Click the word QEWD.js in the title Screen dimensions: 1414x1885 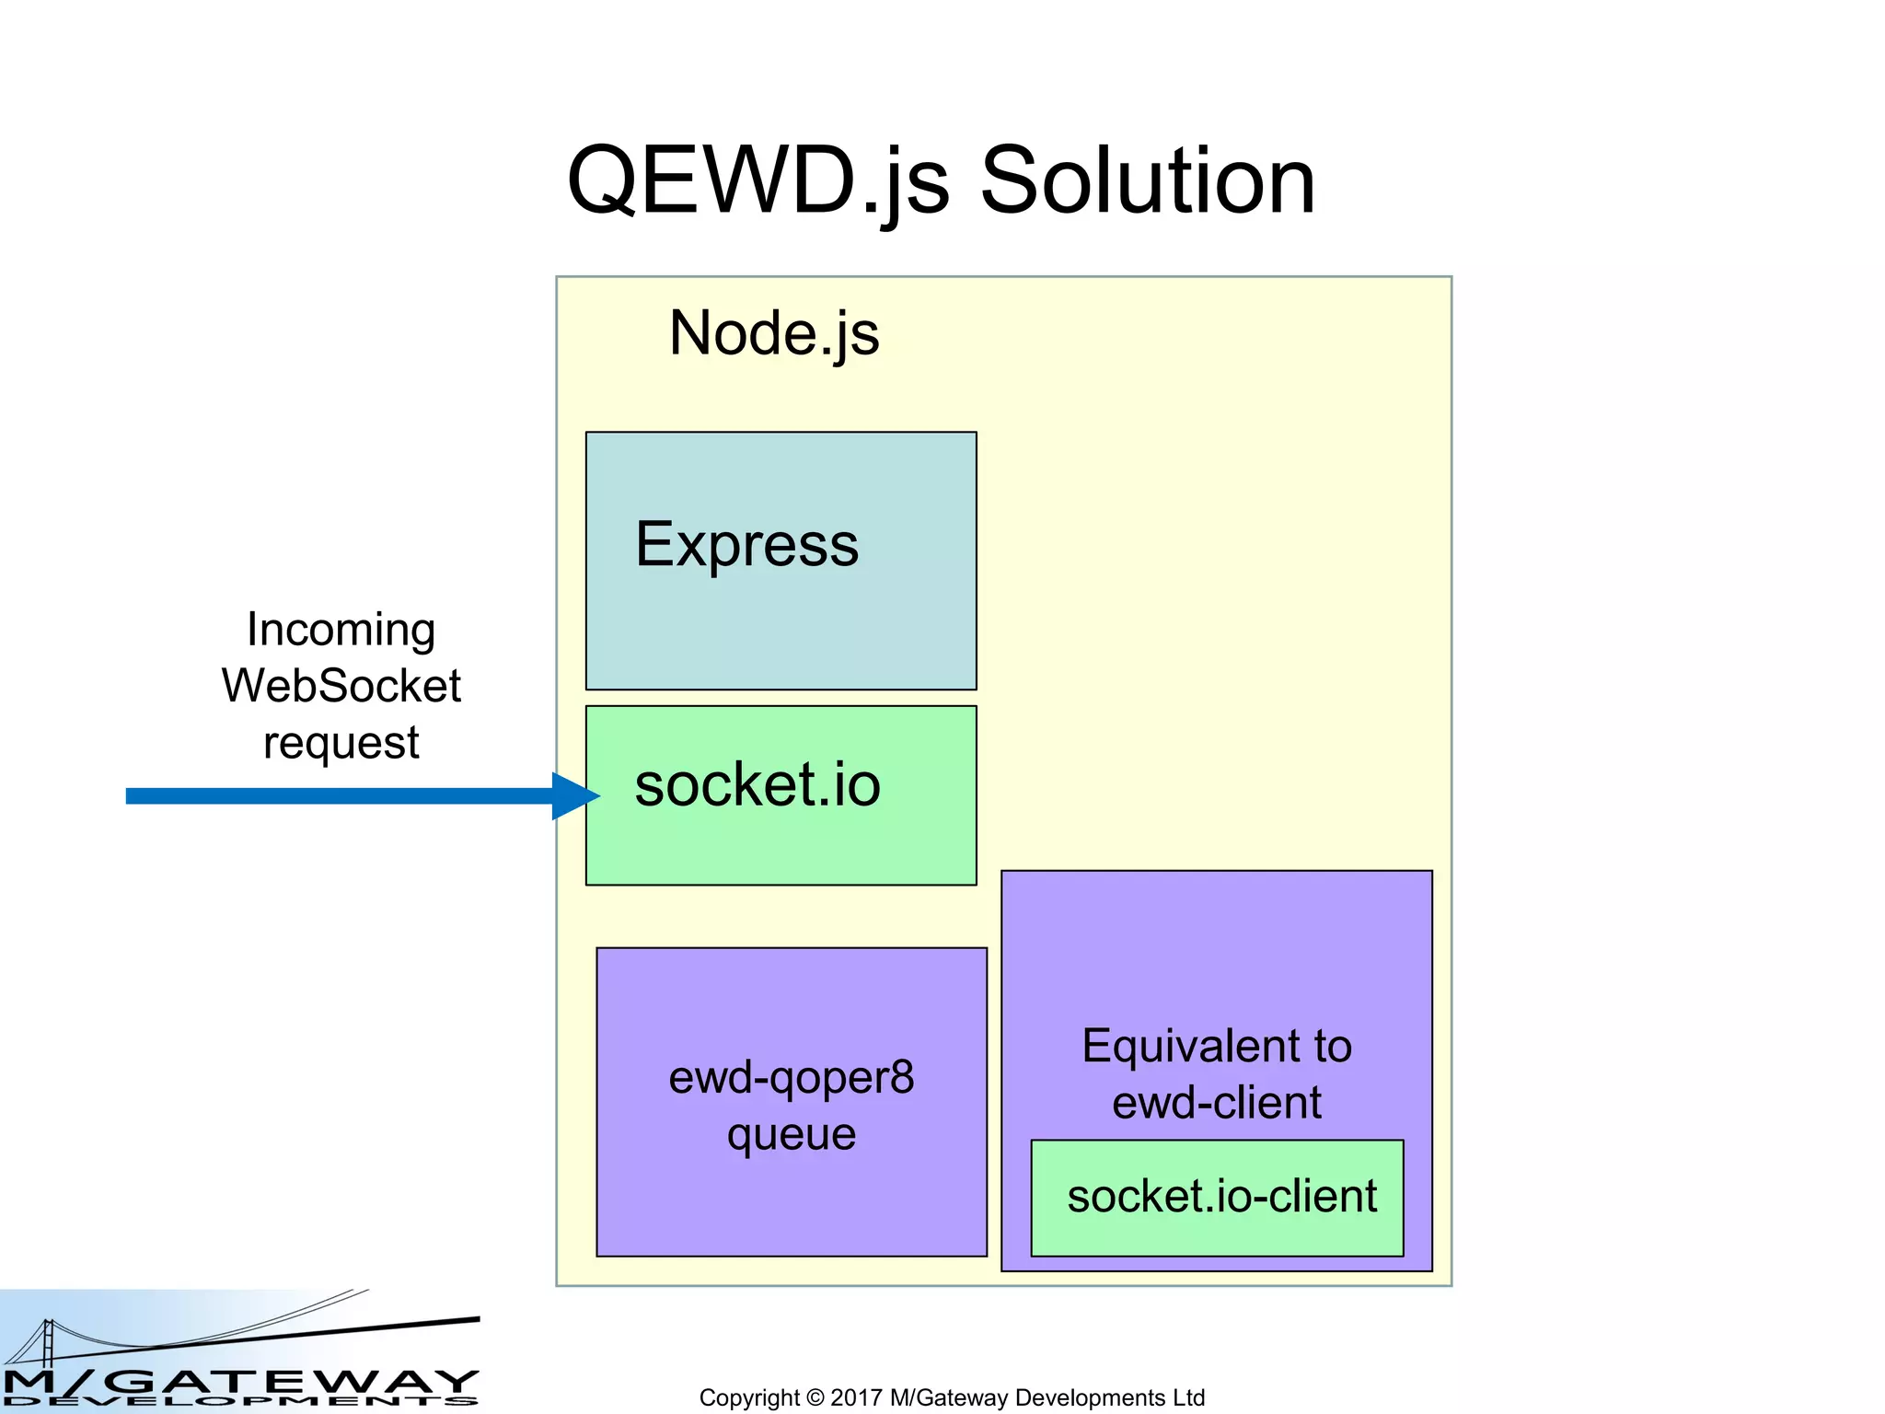pyautogui.click(x=757, y=181)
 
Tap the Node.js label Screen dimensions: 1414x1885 pyautogui.click(x=774, y=332)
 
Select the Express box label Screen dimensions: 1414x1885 pyautogui.click(x=746, y=544)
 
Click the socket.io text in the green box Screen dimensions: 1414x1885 pyautogui.click(x=757, y=785)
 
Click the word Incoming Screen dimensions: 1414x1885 pyautogui.click(x=341, y=632)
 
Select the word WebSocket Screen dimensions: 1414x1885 pyautogui.click(x=341, y=686)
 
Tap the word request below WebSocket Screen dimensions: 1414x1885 pyautogui.click(x=341, y=743)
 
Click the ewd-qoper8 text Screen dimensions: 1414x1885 pyautogui.click(x=792, y=1077)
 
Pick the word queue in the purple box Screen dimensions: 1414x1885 pyautogui.click(x=792, y=1134)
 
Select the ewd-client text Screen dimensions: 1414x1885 pyautogui.click(x=1216, y=1102)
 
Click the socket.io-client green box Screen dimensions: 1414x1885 pyautogui.click(x=1218, y=1197)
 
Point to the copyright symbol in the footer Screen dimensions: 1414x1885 pyautogui.click(x=815, y=1397)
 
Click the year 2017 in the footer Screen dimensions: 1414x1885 pyautogui.click(x=856, y=1397)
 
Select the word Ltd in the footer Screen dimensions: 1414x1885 pyautogui.click(x=1188, y=1397)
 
